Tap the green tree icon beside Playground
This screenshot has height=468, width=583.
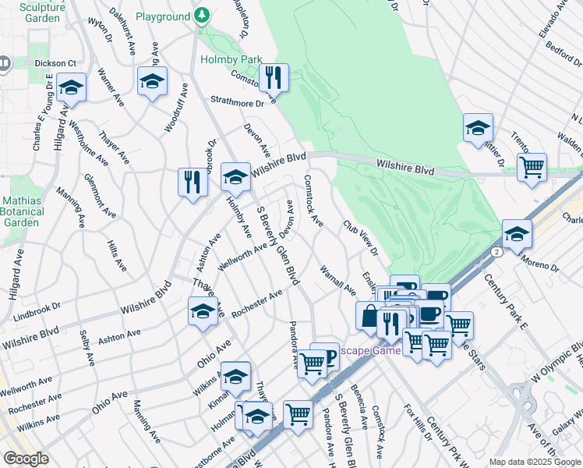(x=202, y=16)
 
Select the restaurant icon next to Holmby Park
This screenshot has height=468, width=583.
(x=274, y=76)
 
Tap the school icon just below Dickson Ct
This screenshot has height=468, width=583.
(x=71, y=87)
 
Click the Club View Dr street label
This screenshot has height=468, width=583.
(x=360, y=237)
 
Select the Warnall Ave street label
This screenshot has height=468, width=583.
(x=337, y=280)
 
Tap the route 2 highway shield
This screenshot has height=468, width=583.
(x=496, y=252)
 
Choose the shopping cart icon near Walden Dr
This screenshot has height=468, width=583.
(x=532, y=167)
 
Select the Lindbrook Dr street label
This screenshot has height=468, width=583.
(x=36, y=309)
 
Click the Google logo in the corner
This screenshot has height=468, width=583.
(x=26, y=458)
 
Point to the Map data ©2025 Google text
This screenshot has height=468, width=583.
(x=534, y=462)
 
